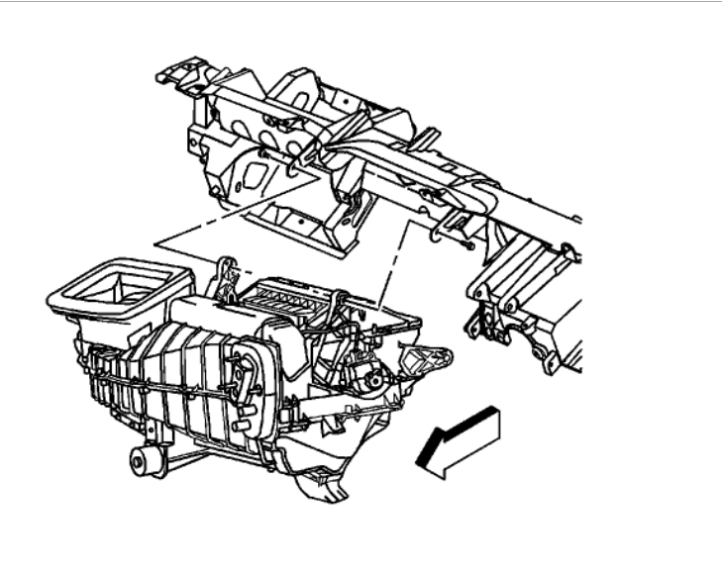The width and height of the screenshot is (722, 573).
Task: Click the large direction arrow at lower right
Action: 464,439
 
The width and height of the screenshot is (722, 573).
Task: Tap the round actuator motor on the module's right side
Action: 373,379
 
